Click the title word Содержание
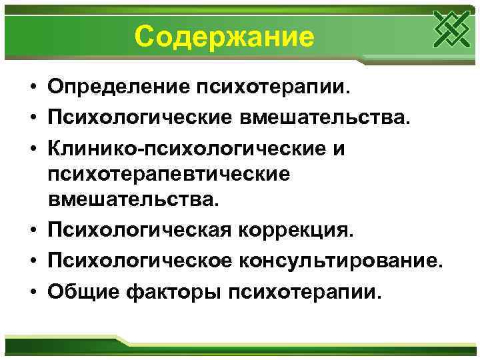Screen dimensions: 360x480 click(223, 37)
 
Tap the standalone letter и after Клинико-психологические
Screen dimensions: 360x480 click(339, 146)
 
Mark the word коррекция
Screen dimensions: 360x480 click(297, 230)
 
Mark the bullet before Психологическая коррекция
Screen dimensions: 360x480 click(31, 231)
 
